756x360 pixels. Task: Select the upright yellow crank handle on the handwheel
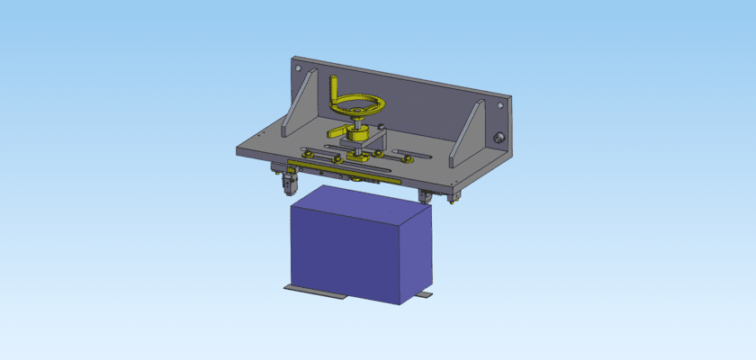click(336, 89)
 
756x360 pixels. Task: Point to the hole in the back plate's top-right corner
click(499, 105)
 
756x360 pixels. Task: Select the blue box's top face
click(360, 204)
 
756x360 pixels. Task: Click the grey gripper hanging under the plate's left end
click(290, 182)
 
